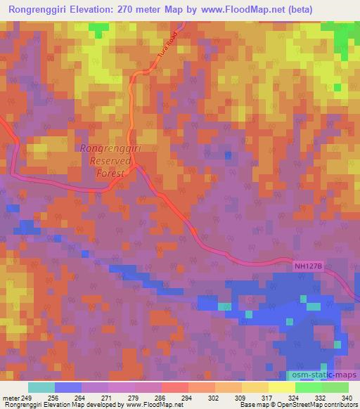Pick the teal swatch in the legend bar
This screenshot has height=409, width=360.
[41, 387]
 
